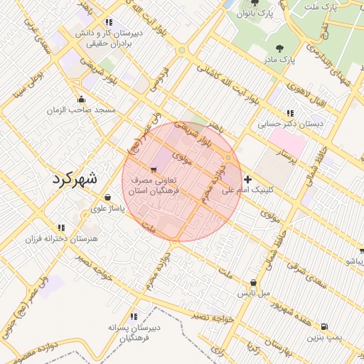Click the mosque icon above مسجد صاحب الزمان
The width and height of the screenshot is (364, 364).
coord(82,100)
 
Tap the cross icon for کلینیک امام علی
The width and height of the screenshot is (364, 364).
coord(247,179)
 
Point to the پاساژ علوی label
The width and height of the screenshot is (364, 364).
coord(107,209)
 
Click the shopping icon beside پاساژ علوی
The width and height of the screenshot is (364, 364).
coord(107,198)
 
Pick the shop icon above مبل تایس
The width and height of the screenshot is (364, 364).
coord(253,282)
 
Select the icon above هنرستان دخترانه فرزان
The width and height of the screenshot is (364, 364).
coord(60,228)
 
